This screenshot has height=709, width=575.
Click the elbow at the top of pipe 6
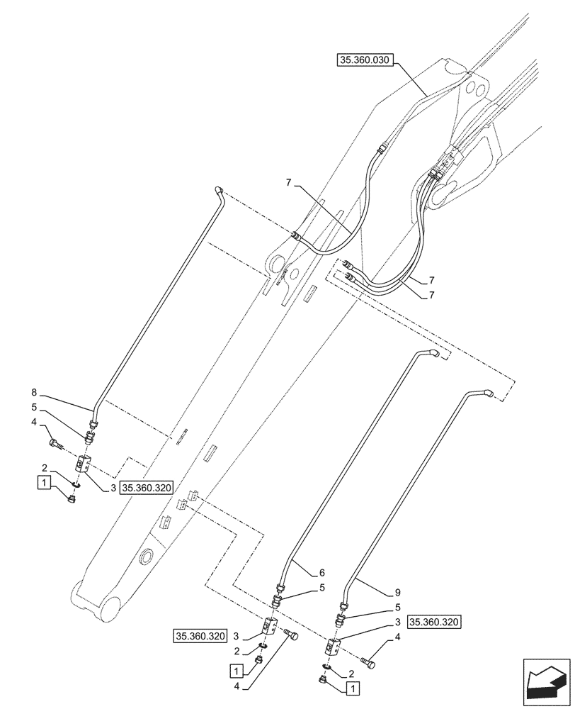(433, 352)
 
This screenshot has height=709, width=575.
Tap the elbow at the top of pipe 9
(487, 391)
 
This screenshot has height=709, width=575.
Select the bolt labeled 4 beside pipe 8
(57, 445)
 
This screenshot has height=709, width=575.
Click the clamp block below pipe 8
(82, 464)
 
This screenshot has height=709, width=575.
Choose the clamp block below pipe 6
(270, 625)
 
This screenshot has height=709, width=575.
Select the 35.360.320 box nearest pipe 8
(147, 487)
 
